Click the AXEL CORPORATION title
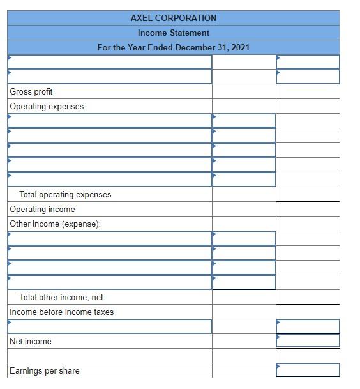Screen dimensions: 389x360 click(173, 18)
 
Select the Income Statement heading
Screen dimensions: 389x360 click(173, 33)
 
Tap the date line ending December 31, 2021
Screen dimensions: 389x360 click(173, 47)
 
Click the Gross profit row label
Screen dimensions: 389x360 click(31, 92)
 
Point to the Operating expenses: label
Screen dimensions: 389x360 click(48, 107)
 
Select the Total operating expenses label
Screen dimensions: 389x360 click(65, 195)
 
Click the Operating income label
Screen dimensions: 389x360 click(42, 210)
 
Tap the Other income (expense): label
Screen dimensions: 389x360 click(55, 224)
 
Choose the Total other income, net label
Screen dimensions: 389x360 click(61, 298)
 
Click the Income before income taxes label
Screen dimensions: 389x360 click(61, 312)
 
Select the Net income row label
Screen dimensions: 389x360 click(31, 342)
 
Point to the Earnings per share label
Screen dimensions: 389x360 click(45, 371)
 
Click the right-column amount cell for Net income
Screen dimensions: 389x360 click(308, 341)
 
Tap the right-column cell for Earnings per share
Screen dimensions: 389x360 click(308, 370)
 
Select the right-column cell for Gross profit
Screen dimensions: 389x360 click(308, 92)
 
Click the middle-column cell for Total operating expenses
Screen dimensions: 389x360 click(244, 195)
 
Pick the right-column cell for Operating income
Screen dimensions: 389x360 click(308, 210)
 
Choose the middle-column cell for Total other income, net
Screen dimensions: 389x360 click(244, 298)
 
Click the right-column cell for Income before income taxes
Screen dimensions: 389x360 click(308, 312)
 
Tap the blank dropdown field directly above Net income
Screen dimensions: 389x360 click(110, 326)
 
